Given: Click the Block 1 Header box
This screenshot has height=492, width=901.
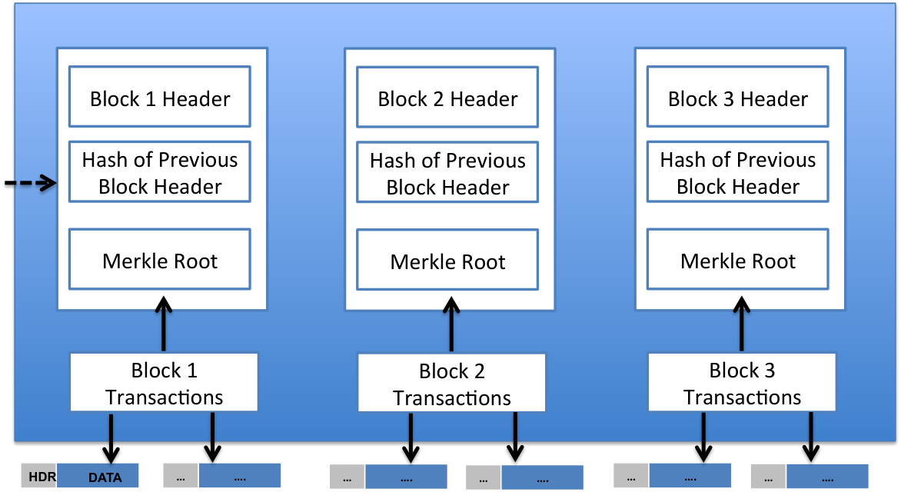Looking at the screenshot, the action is pyautogui.click(x=160, y=97).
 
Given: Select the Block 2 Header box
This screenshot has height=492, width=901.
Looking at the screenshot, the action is pyautogui.click(x=447, y=97).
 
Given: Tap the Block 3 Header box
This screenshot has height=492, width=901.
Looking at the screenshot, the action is pyautogui.click(x=738, y=97).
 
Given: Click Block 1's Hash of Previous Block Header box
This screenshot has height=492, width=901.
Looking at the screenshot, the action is pyautogui.click(x=160, y=172).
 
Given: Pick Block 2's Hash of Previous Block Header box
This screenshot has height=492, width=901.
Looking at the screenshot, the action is pyautogui.click(x=447, y=172).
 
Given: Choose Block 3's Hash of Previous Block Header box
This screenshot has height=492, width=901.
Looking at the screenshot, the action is pyautogui.click(x=738, y=172).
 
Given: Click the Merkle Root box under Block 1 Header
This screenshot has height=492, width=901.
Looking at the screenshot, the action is pyautogui.click(x=160, y=259).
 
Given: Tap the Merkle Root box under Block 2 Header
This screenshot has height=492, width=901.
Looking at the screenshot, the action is pyautogui.click(x=447, y=260).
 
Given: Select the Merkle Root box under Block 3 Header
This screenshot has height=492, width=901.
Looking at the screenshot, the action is pyautogui.click(x=738, y=259).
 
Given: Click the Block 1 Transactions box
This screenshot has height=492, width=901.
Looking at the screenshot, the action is pyautogui.click(x=164, y=382).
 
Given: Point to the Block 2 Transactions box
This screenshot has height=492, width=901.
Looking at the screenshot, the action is pyautogui.click(x=451, y=383).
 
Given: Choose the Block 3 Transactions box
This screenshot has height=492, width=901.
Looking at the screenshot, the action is pyautogui.click(x=742, y=382).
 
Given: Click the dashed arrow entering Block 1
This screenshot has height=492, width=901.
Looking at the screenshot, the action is pyautogui.click(x=31, y=184).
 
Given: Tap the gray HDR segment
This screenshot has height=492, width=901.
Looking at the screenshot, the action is pyautogui.click(x=39, y=475).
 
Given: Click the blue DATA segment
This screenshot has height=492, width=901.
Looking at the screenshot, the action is pyautogui.click(x=98, y=475).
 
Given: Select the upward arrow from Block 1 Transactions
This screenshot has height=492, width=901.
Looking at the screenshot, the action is pyautogui.click(x=164, y=324).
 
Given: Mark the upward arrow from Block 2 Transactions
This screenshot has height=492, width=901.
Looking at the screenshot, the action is pyautogui.click(x=451, y=324).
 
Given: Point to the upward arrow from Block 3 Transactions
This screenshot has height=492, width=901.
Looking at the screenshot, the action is pyautogui.click(x=741, y=324).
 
